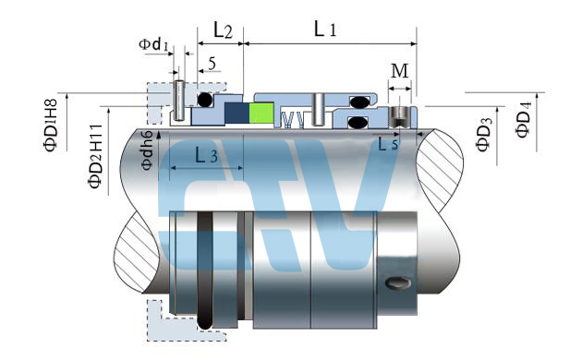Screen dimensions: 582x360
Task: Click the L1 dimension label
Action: coord(325,29)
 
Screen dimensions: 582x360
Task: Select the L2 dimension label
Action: coord(223,30)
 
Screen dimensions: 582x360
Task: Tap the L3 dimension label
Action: coord(206,155)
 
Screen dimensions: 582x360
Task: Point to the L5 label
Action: coord(388,143)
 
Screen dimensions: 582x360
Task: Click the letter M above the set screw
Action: coord(400,71)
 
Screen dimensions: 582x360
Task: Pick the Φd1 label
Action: coord(153,44)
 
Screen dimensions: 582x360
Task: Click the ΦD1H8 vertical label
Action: coord(51,126)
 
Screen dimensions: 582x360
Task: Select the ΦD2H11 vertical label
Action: coord(95,156)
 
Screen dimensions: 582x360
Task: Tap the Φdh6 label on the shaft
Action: coord(147,150)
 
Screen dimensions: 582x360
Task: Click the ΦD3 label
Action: coord(484,134)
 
